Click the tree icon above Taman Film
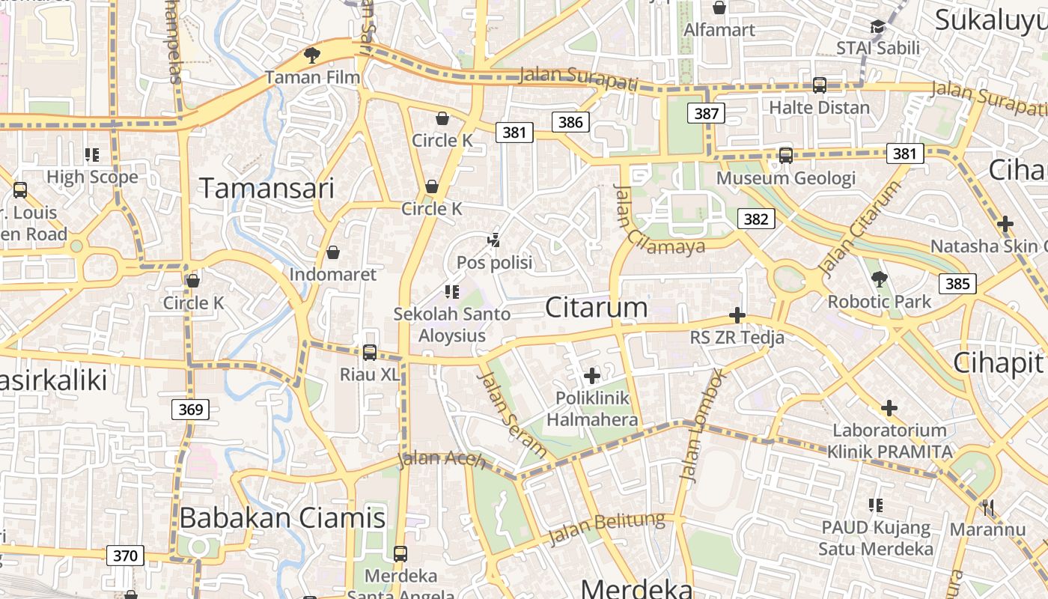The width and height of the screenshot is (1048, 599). click(x=311, y=55)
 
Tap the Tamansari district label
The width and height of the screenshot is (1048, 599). click(x=266, y=189)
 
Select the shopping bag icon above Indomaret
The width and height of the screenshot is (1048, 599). click(x=333, y=252)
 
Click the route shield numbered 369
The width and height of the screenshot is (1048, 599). click(x=190, y=410)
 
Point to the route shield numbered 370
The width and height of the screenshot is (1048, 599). click(x=125, y=556)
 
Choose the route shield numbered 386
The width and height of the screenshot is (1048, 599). click(x=570, y=122)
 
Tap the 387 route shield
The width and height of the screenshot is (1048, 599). click(x=706, y=114)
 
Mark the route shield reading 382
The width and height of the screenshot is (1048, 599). click(x=756, y=219)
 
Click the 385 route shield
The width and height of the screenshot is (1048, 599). click(x=957, y=283)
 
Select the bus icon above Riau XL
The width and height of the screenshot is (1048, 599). click(x=369, y=352)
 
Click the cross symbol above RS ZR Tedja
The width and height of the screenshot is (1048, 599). click(x=737, y=315)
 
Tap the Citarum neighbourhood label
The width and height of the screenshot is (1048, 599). click(x=596, y=308)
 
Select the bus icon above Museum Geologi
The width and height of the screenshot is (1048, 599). click(x=785, y=156)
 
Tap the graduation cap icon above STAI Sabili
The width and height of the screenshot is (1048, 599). click(x=878, y=27)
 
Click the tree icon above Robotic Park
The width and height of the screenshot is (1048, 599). click(x=879, y=280)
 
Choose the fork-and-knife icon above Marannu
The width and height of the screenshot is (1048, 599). click(x=988, y=508)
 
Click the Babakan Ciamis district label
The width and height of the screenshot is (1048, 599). click(x=282, y=518)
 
